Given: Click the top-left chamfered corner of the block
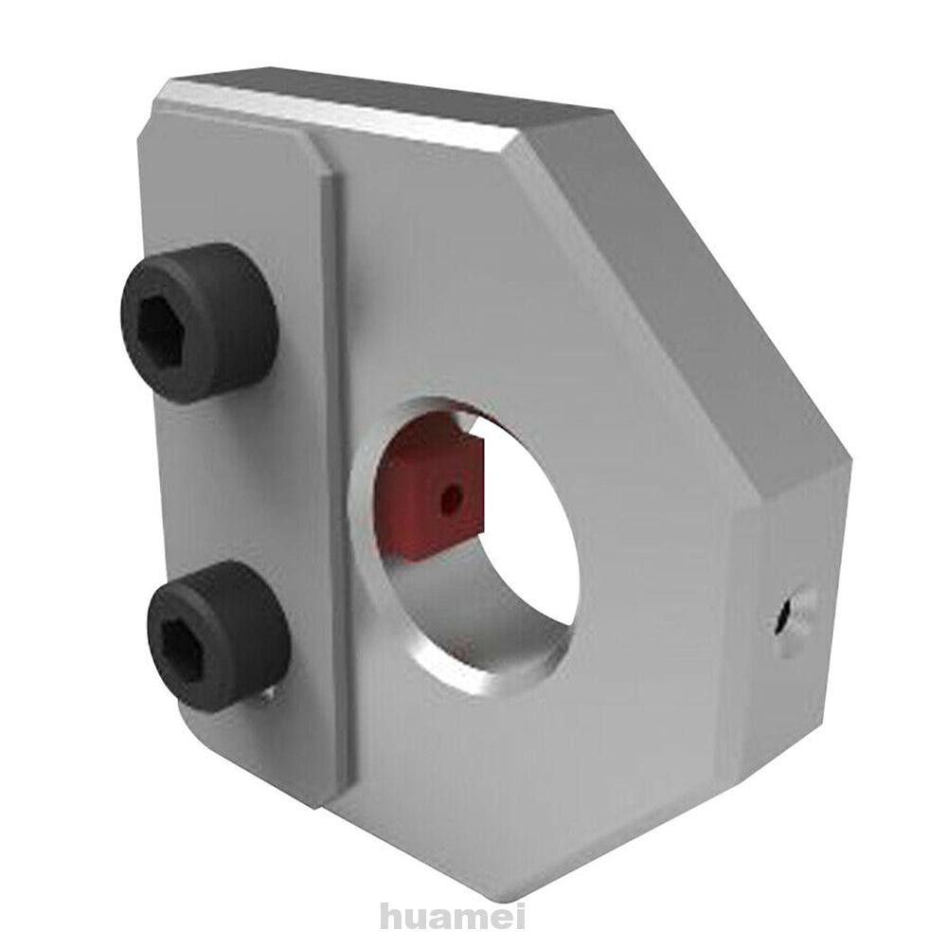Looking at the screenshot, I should [156, 104].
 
